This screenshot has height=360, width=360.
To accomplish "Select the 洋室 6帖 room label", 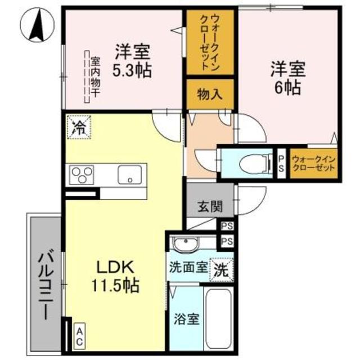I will (287, 78).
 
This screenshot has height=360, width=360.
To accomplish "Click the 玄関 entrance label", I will (209, 206).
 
